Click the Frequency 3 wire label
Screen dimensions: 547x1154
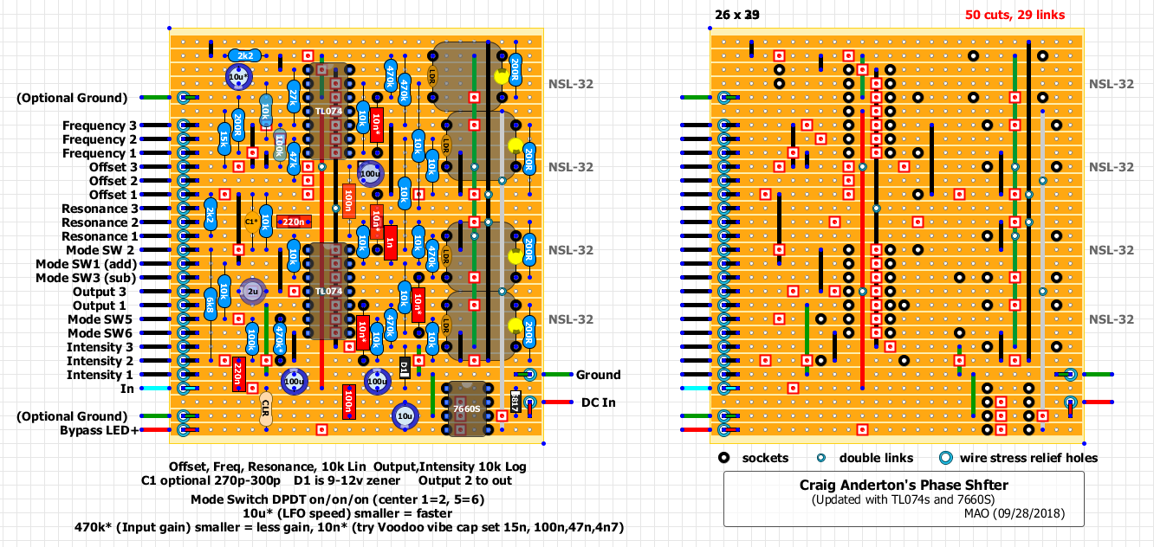click(x=99, y=125)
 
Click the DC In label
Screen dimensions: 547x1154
click(x=598, y=402)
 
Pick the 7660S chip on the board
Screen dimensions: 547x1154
click(x=466, y=408)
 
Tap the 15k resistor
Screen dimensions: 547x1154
click(x=224, y=137)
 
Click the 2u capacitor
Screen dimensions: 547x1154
click(x=252, y=292)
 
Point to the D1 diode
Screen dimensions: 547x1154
click(x=405, y=367)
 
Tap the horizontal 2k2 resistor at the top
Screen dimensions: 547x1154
click(x=245, y=56)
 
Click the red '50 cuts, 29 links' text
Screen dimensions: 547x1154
click(x=1015, y=15)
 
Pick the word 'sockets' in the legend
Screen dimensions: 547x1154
click(x=765, y=458)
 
